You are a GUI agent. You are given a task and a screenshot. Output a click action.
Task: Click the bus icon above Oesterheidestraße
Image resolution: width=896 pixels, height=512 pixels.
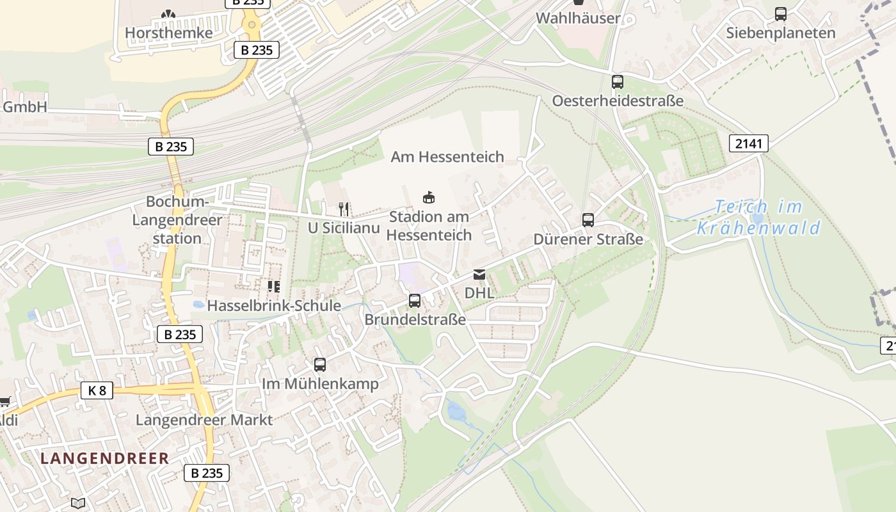pyautogui.click(x=617, y=82)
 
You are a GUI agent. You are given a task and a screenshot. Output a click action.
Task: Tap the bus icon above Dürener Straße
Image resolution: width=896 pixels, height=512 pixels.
pyautogui.click(x=588, y=220)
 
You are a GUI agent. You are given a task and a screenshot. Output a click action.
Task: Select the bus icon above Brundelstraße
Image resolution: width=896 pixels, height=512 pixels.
pyautogui.click(x=415, y=300)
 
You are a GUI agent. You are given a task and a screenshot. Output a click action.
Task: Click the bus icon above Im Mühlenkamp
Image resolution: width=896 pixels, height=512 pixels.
pyautogui.click(x=320, y=365)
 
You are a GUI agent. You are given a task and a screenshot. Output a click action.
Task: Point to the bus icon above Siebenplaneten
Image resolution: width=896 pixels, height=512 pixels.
pyautogui.click(x=781, y=14)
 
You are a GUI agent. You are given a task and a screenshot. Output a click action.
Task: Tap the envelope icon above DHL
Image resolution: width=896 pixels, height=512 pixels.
pyautogui.click(x=479, y=275)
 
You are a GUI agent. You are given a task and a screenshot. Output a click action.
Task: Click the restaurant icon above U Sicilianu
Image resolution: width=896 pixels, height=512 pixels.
pyautogui.click(x=344, y=209)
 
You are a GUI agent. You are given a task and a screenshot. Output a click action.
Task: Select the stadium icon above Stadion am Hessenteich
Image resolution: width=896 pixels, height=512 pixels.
pyautogui.click(x=429, y=198)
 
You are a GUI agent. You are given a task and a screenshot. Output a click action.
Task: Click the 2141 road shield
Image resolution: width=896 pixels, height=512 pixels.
pyautogui.click(x=749, y=143)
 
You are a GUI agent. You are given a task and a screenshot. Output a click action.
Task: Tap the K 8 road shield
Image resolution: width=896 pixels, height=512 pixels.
pyautogui.click(x=97, y=390)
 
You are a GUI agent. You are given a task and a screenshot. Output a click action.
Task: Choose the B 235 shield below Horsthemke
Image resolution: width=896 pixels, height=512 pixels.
pyautogui.click(x=257, y=50)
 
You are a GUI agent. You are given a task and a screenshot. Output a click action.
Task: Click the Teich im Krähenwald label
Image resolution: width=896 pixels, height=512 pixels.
pyautogui.click(x=758, y=218)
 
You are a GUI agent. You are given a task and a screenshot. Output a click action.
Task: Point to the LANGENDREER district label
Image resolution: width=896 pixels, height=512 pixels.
pyautogui.click(x=105, y=458)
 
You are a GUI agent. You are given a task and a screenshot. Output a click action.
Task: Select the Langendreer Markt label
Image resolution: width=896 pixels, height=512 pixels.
pyautogui.click(x=204, y=420)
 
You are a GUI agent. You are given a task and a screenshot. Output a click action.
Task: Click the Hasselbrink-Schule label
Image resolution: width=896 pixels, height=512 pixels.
pyautogui.click(x=274, y=306)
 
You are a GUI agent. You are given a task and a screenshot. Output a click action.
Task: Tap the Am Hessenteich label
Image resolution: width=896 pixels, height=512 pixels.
pyautogui.click(x=447, y=157)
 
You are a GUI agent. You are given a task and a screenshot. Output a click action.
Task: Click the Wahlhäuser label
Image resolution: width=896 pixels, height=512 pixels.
pyautogui.click(x=578, y=18)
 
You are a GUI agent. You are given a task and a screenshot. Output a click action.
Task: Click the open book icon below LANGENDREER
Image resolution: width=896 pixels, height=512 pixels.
pyautogui.click(x=78, y=504)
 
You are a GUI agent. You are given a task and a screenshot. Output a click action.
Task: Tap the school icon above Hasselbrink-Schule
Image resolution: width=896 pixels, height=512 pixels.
pyautogui.click(x=274, y=287)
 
